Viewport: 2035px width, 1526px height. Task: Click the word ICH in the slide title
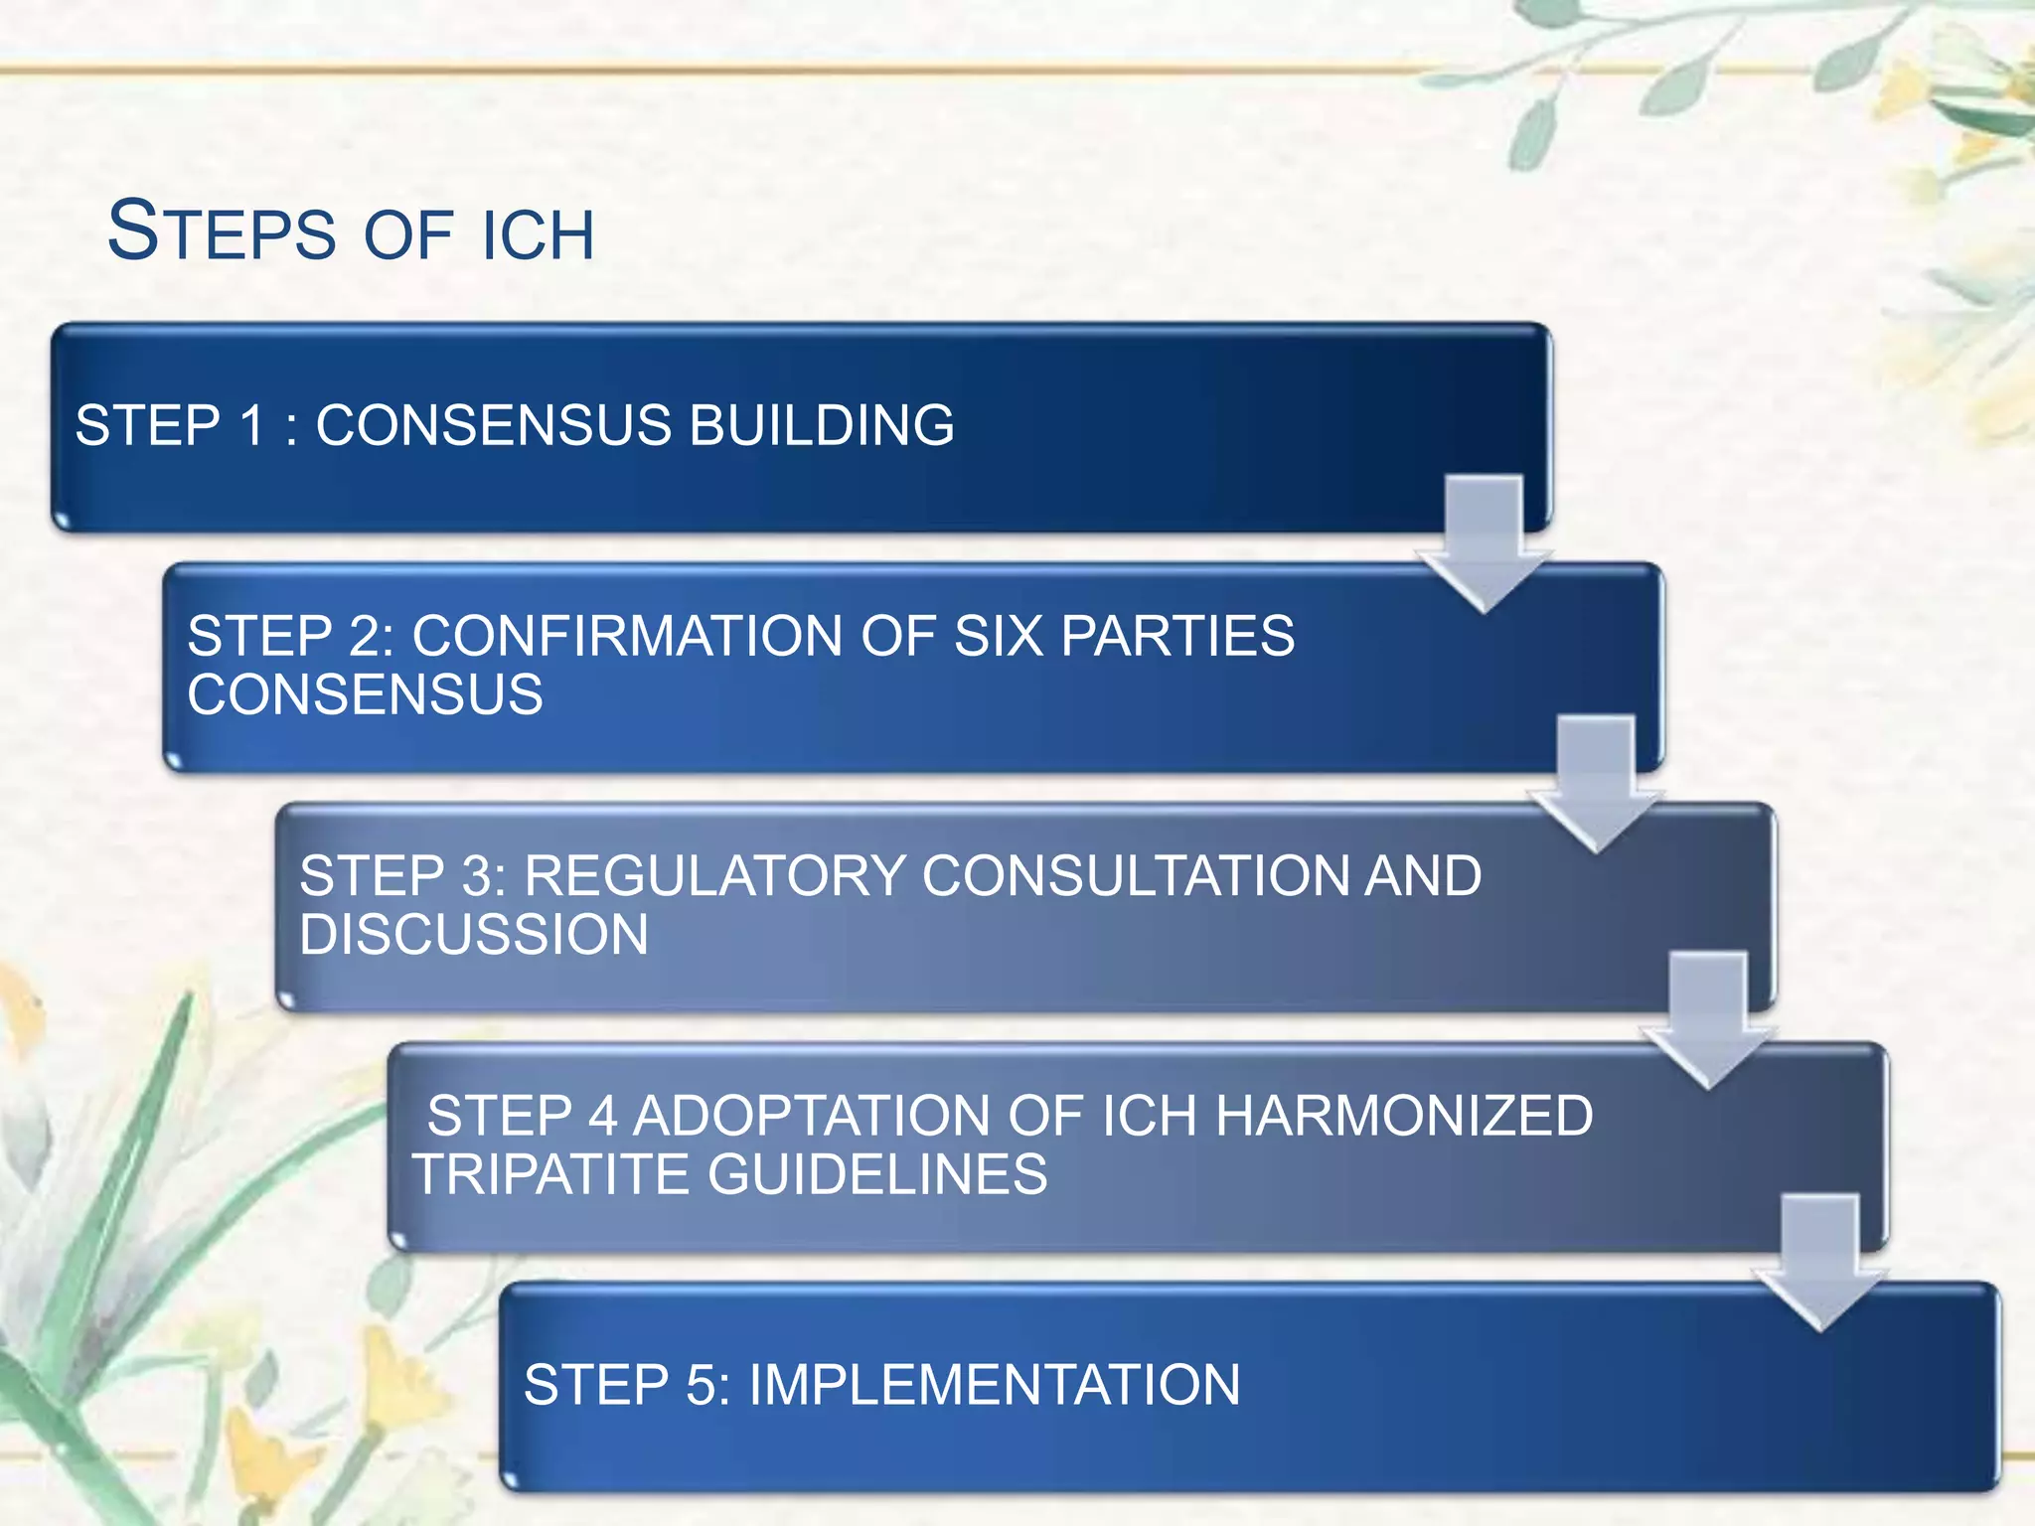[x=538, y=235]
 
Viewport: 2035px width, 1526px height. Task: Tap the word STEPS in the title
[x=222, y=231]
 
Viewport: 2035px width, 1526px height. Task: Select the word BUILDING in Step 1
[x=822, y=425]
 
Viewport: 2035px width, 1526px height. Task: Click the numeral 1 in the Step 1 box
[x=253, y=425]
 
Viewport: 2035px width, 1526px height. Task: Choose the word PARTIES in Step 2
[x=1178, y=636]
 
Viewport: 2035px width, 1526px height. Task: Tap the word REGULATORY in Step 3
[x=714, y=876]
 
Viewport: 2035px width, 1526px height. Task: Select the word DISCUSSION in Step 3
[x=474, y=935]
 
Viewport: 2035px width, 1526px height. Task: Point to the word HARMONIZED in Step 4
[x=1404, y=1116]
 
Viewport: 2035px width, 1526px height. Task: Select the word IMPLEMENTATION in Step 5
[x=995, y=1385]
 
